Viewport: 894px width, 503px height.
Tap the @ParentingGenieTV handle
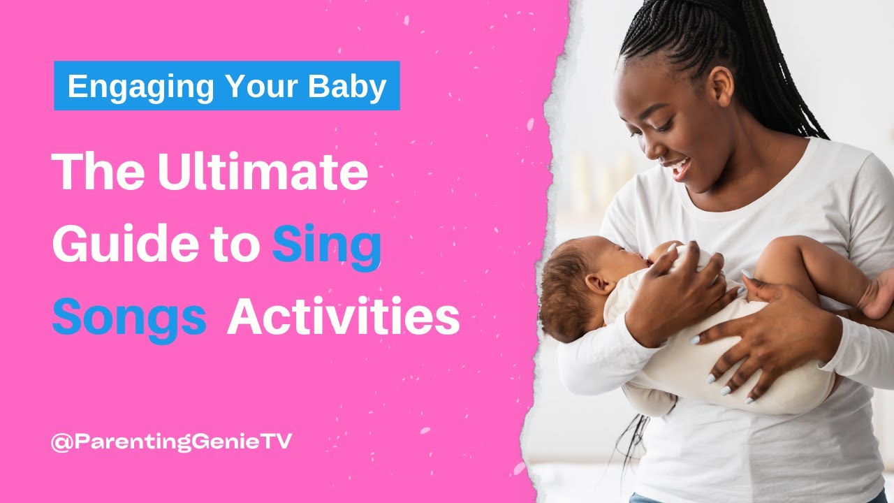tap(170, 442)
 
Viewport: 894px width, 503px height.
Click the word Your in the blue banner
tap(262, 87)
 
